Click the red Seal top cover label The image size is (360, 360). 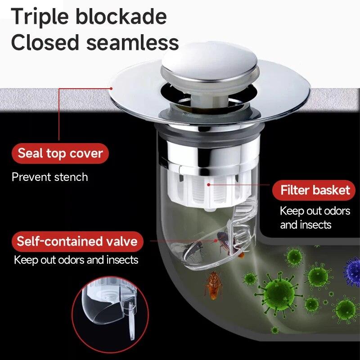(x=60, y=154)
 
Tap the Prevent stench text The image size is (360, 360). (x=49, y=177)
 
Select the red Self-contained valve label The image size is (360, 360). (x=77, y=241)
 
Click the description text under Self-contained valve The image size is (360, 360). (x=76, y=260)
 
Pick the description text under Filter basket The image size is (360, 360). (x=315, y=217)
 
